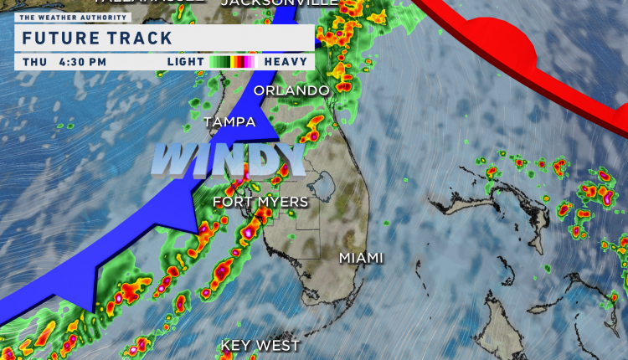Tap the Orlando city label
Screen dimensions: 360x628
[x=291, y=90]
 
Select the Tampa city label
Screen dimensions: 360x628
[x=229, y=122]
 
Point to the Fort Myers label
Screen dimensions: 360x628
[x=260, y=202]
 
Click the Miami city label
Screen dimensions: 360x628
[x=361, y=258]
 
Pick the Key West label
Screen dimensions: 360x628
[x=260, y=345]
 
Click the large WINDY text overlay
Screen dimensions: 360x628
[x=228, y=159]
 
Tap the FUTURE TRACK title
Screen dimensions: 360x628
[x=96, y=38]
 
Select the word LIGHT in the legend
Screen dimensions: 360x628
[x=187, y=62]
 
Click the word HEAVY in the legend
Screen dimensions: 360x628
[x=284, y=62]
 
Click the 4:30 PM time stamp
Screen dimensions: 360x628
[x=83, y=62]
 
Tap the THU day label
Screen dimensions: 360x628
[x=35, y=62]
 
